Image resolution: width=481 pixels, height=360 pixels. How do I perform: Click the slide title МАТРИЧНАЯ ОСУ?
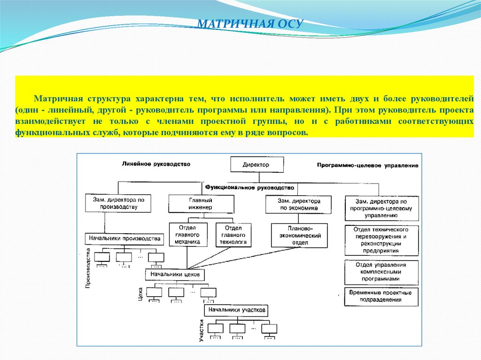tap(249, 24)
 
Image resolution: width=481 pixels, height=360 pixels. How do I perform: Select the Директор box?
tap(256, 165)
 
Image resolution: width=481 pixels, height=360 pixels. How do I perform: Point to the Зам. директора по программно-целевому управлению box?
tap(381, 207)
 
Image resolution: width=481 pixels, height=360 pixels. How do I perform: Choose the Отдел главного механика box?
tap(187, 235)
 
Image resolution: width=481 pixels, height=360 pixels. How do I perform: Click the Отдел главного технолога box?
tap(233, 235)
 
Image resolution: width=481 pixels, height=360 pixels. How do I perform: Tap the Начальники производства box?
tap(124, 238)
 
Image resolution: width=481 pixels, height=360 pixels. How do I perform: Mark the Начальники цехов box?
tap(175, 274)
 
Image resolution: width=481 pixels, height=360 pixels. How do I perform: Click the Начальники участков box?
tap(237, 310)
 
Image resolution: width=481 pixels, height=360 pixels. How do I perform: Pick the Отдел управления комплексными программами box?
tap(381, 272)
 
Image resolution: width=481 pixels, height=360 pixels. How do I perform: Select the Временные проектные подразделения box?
tap(381, 296)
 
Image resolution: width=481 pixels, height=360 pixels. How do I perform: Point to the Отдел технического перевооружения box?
tap(381, 240)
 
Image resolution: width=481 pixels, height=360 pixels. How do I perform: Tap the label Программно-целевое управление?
tap(367, 165)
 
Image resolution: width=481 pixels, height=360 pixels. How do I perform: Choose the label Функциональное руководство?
tap(249, 187)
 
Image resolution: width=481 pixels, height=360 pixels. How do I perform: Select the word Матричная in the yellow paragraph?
tap(57, 100)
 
